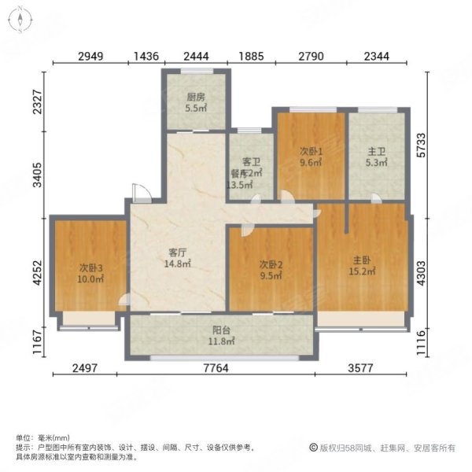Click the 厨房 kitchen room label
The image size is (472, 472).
coord(196,98)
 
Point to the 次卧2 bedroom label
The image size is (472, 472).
coord(271,264)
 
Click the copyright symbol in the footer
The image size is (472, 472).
coord(313,448)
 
